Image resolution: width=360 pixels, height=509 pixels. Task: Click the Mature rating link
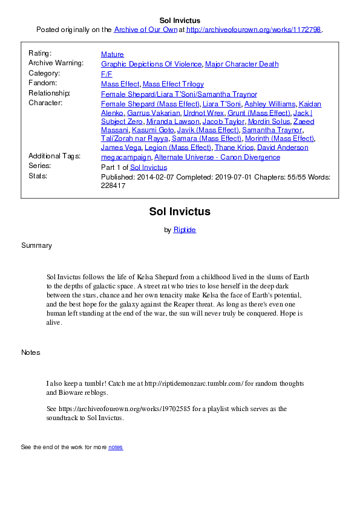point(112,54)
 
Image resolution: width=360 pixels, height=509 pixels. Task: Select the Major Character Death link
point(241,64)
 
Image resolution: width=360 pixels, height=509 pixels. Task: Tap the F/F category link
point(106,74)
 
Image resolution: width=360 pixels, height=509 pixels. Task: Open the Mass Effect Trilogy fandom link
point(173,84)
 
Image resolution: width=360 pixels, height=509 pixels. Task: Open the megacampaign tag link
point(126,157)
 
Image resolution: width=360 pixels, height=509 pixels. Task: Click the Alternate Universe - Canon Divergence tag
point(217,157)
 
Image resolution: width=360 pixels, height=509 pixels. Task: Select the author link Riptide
point(185,230)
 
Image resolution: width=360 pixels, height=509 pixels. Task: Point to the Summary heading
point(36,245)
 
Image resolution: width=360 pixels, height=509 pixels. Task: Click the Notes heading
point(31,352)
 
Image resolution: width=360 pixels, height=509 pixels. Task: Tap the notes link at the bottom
point(115,447)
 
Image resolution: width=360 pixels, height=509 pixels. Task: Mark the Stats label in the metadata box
point(37,177)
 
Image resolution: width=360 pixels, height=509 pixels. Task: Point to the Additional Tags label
point(54,156)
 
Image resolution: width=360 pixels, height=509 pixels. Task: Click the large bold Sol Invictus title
point(180,212)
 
